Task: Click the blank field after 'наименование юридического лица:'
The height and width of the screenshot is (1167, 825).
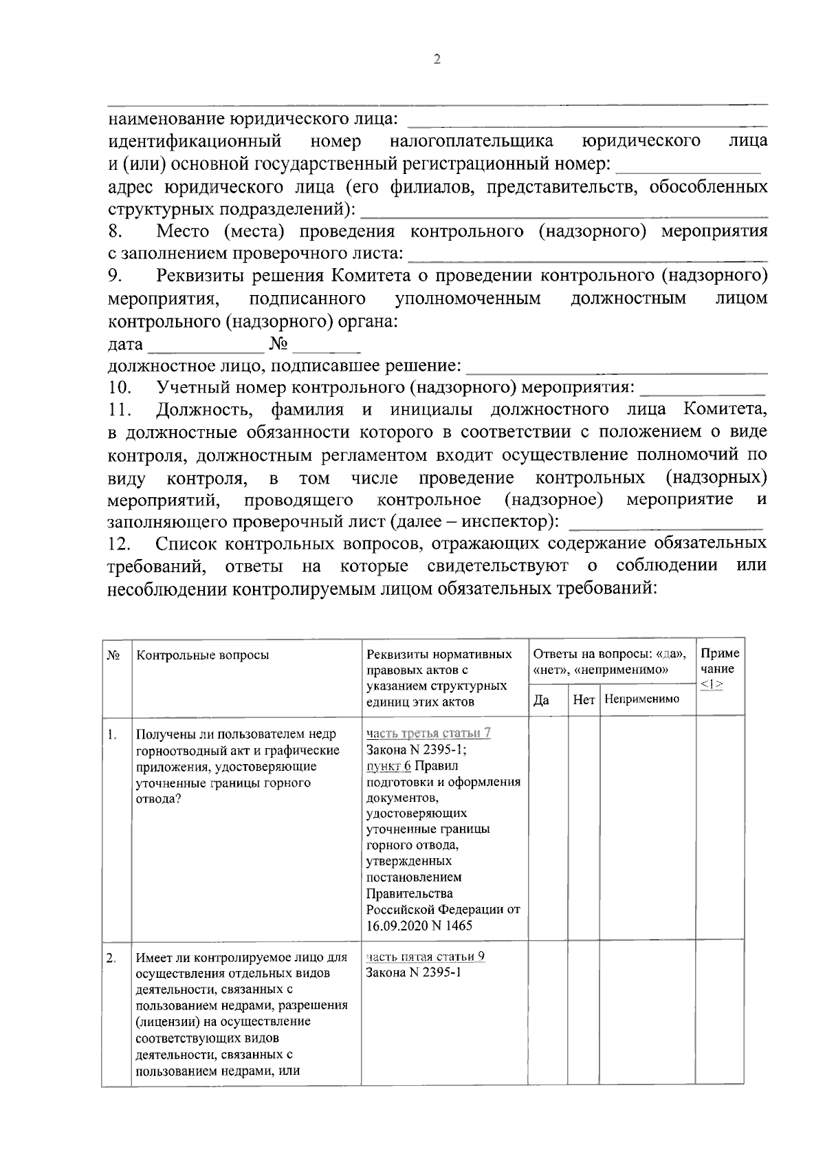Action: pos(588,120)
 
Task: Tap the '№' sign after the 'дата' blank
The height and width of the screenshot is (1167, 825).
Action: pos(278,343)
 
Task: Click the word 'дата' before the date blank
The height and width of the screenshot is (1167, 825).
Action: pos(126,344)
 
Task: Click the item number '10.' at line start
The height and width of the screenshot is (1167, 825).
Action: pos(120,388)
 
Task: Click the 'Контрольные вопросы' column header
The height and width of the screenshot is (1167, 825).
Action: pos(203,655)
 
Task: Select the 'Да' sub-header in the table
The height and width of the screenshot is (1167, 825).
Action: pos(542,700)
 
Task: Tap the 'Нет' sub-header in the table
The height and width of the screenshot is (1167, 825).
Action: pos(584,700)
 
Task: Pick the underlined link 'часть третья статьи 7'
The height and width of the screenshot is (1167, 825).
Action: pos(428,733)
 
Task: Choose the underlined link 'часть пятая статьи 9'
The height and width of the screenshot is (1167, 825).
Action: pos(426,957)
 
